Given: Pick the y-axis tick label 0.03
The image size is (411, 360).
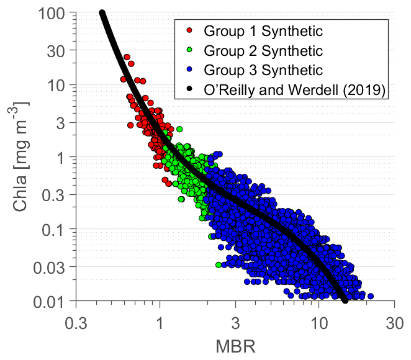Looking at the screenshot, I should coord(53,266).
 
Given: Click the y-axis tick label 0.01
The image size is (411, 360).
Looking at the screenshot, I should coord(53,302).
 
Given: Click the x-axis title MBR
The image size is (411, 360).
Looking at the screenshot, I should coord(235,343).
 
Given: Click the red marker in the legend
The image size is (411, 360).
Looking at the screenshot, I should coord(189,30).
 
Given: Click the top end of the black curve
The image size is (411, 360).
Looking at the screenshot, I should coord(102,14).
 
